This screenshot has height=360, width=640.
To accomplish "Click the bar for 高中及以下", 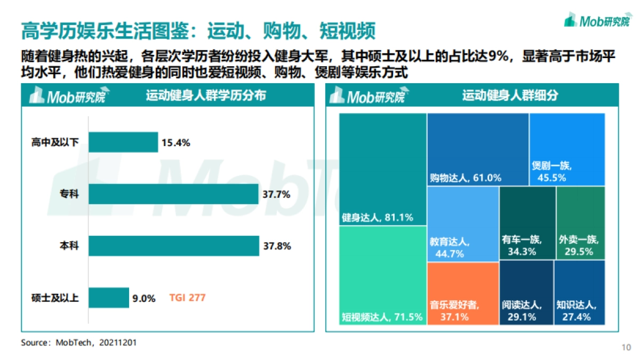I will click(123, 142).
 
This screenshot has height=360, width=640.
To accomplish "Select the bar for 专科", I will click(173, 194).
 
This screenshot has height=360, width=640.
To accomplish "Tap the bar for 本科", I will click(174, 246).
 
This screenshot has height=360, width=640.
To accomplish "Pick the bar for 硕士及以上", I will click(109, 298).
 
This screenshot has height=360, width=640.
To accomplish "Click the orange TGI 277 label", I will click(187, 298).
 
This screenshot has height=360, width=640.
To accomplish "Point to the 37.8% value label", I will click(277, 246).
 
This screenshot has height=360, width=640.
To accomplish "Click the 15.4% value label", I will click(177, 142).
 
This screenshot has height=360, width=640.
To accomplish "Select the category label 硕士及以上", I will click(55, 298).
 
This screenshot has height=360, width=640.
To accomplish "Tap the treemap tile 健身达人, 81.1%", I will click(382, 169).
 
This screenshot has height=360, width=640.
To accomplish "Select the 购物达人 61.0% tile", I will click(478, 149).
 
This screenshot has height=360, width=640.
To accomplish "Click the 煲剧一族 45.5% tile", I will click(567, 149).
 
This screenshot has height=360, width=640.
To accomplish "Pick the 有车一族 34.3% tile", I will click(527, 223).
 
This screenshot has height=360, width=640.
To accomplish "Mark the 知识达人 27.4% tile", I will click(579, 292).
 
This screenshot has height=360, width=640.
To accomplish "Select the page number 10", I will click(626, 347).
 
